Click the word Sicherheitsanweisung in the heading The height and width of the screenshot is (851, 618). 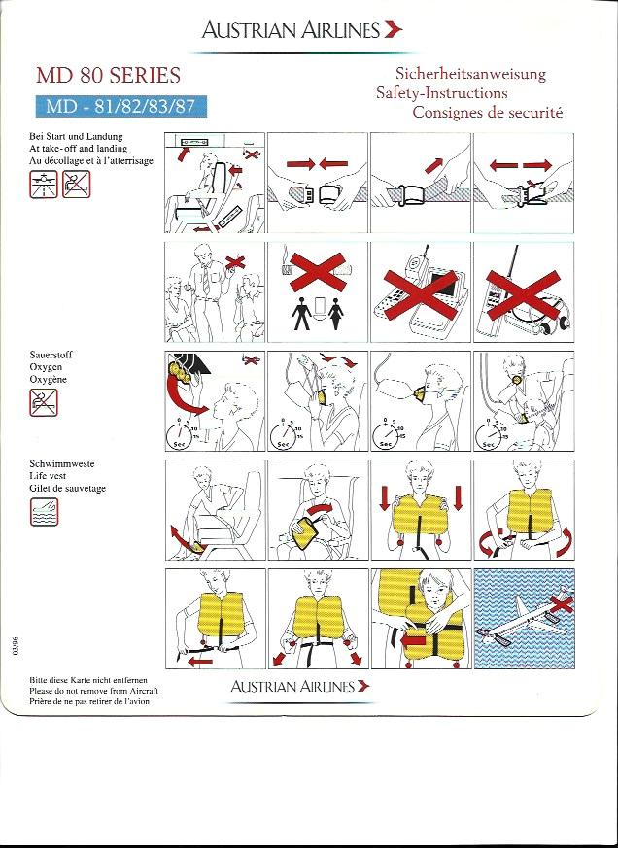click(470, 74)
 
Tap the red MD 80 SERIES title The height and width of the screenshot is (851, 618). click(108, 75)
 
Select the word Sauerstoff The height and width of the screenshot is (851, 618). click(51, 356)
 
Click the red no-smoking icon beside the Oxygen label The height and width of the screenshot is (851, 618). click(44, 401)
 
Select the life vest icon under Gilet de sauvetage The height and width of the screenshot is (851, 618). click(44, 512)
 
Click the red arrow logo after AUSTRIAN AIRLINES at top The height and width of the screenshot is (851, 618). click(393, 30)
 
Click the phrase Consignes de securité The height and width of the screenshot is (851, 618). click(488, 113)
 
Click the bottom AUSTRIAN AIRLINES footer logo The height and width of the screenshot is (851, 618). click(299, 687)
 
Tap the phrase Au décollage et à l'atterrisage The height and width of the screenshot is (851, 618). click(91, 160)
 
